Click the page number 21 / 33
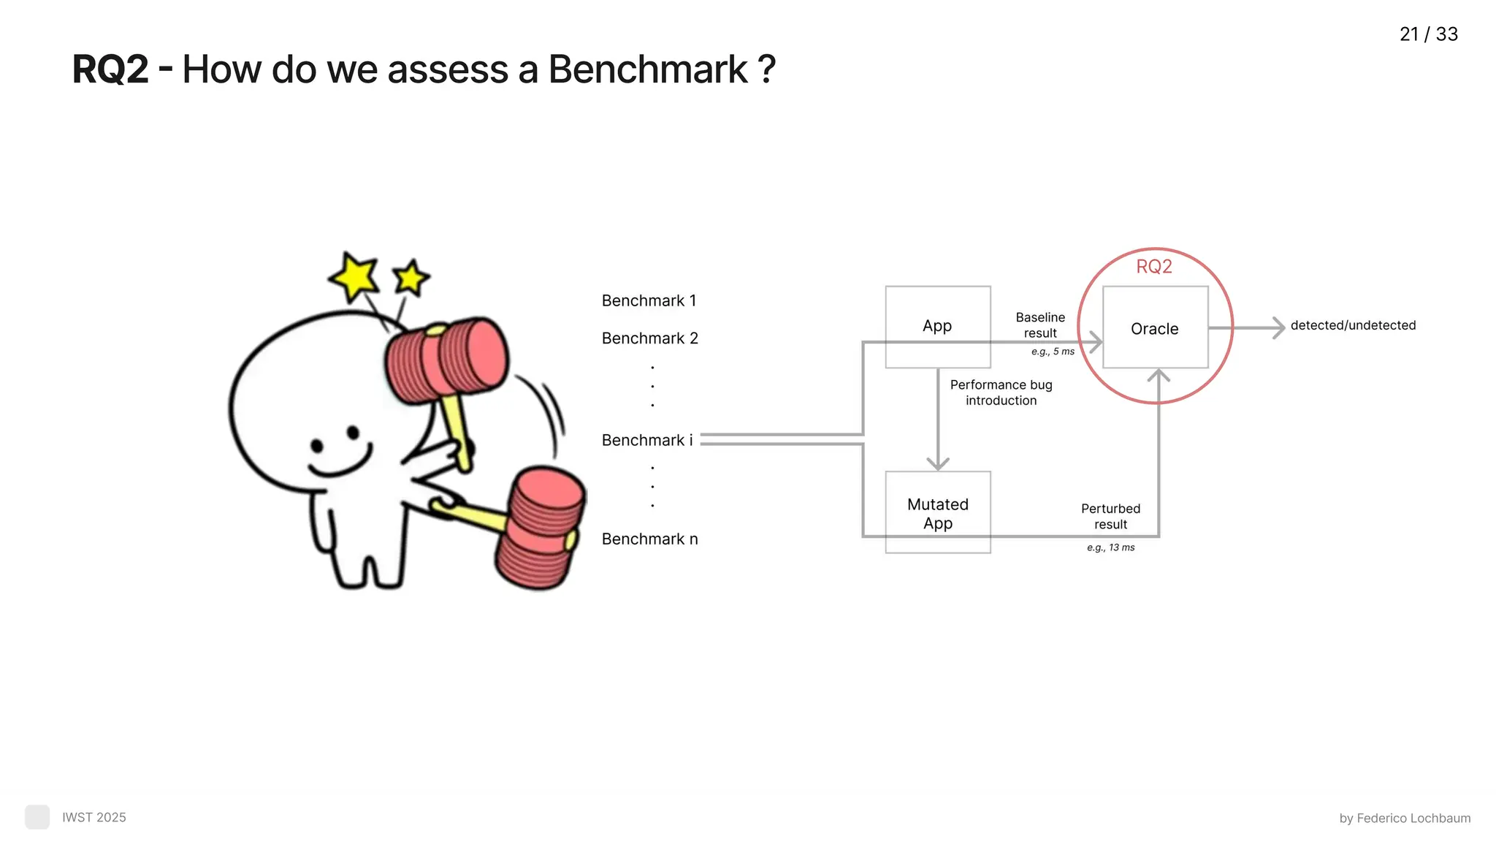click(x=1428, y=34)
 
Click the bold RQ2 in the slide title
click(x=110, y=70)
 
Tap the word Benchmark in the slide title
click(x=647, y=70)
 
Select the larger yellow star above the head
click(x=354, y=276)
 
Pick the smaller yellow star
click(x=411, y=278)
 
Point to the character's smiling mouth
click(x=340, y=464)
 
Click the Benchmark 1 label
click(x=649, y=300)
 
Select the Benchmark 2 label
click(x=649, y=338)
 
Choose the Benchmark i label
click(x=646, y=440)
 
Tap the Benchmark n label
click(x=649, y=539)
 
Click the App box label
click(x=937, y=326)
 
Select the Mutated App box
click(x=938, y=513)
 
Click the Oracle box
click(x=1155, y=328)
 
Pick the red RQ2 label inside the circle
click(x=1154, y=267)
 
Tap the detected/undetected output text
click(x=1353, y=325)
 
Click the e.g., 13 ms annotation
click(x=1110, y=547)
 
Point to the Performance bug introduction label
click(x=1001, y=392)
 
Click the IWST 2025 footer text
click(x=93, y=817)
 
